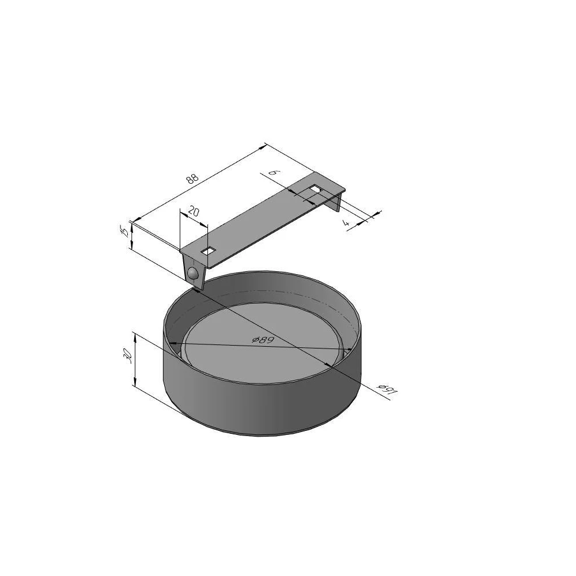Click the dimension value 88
(x=192, y=179)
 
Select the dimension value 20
(x=194, y=211)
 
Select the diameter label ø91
(x=388, y=390)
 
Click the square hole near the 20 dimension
(x=209, y=251)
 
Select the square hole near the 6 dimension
(x=316, y=189)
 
